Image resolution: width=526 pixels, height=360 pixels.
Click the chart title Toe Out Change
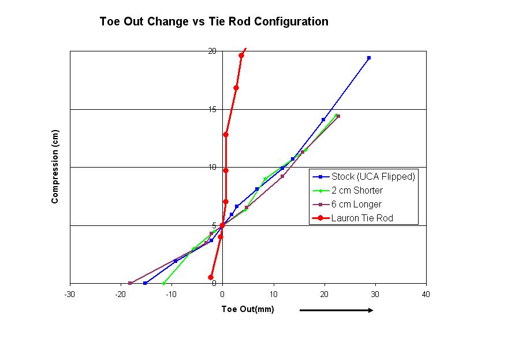click(x=214, y=22)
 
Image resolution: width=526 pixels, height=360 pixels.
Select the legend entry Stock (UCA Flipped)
click(x=373, y=177)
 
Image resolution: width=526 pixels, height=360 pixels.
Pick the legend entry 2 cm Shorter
click(x=357, y=191)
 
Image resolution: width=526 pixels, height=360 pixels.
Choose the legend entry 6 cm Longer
click(x=356, y=205)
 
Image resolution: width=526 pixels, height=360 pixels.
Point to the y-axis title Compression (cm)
click(x=55, y=167)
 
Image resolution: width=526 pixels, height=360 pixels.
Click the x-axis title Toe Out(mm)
click(x=248, y=309)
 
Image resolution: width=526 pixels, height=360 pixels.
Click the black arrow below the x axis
click(x=336, y=310)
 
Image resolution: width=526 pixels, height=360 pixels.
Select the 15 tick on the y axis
click(x=212, y=109)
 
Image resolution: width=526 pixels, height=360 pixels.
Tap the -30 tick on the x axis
click(x=70, y=294)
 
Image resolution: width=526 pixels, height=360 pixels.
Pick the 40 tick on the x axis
click(x=426, y=294)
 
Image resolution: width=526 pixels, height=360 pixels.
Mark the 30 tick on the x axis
click(x=375, y=294)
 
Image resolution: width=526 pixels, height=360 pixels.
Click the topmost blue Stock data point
click(x=369, y=58)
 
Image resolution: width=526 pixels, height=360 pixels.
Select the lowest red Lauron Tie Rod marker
click(x=211, y=277)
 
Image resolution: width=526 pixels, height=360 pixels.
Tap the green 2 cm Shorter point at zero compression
click(x=164, y=283)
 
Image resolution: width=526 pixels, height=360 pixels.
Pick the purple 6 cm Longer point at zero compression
click(x=130, y=283)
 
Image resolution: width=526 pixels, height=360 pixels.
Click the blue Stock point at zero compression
click(x=145, y=283)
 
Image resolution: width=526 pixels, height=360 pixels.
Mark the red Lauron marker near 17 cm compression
click(x=236, y=88)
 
